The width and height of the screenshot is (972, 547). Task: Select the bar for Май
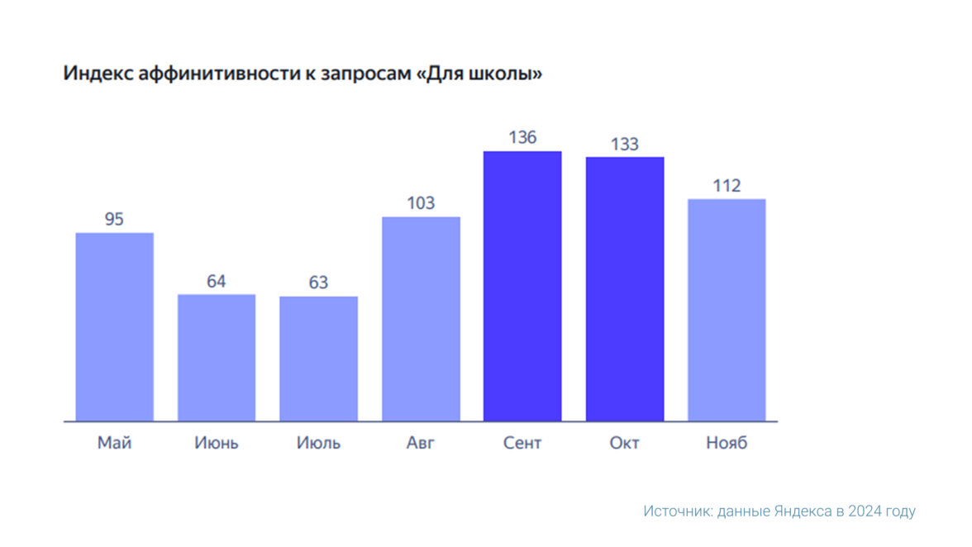tap(114, 326)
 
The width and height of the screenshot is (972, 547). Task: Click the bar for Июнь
tap(217, 357)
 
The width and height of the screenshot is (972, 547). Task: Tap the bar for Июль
tap(318, 359)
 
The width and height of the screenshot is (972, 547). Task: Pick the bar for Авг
tap(421, 319)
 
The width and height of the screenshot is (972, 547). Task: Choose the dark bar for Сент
tap(522, 286)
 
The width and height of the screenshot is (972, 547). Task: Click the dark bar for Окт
tap(625, 288)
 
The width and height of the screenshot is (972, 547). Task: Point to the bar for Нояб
tap(727, 310)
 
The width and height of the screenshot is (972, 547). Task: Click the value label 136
tap(522, 137)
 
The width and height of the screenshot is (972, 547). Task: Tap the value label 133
tap(625, 144)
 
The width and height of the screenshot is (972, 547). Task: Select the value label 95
tap(114, 219)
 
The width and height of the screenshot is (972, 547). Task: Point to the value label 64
tap(217, 281)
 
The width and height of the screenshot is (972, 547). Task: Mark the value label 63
tap(318, 283)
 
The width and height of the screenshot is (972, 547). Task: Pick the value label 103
tap(421, 203)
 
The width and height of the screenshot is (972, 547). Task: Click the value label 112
tap(727, 186)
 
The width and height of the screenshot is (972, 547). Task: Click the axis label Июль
tap(318, 443)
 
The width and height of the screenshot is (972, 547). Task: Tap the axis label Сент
tap(522, 443)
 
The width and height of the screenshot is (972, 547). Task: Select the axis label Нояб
tap(727, 443)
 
